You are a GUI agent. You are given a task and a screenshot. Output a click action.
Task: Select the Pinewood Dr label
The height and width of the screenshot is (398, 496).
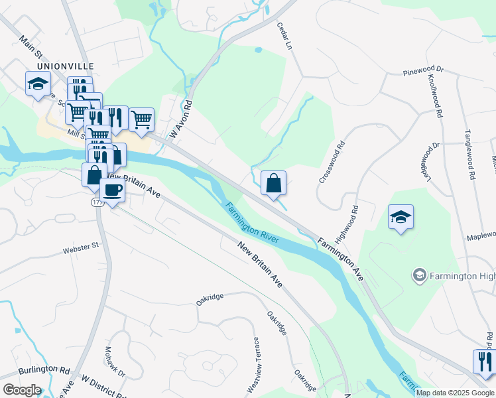pyautogui.click(x=423, y=72)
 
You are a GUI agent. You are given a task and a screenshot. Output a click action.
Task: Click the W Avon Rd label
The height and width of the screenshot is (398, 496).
pyautogui.click(x=181, y=119)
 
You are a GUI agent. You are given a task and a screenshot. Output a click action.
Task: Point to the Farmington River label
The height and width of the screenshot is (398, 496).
pyautogui.click(x=253, y=222)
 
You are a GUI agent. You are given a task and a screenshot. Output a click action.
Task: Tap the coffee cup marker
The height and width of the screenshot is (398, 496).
pyautogui.click(x=112, y=190)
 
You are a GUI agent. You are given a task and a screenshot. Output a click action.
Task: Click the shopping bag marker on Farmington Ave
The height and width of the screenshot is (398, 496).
pyautogui.click(x=273, y=183)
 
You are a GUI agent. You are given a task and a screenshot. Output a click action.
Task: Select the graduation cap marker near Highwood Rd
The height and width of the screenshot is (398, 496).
pyautogui.click(x=401, y=217)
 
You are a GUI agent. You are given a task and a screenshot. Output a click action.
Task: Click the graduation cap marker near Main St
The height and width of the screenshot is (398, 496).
pyautogui.click(x=38, y=84)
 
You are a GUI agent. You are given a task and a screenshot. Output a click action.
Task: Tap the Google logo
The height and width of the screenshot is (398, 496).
pyautogui.click(x=22, y=389)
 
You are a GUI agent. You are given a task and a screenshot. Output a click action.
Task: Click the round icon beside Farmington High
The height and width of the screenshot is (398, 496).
pyautogui.click(x=418, y=275)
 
